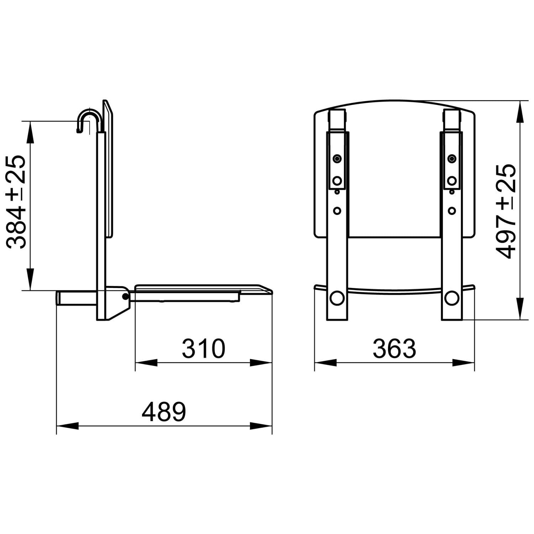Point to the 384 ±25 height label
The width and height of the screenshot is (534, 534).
[16, 201]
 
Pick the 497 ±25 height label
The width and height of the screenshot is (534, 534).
[506, 211]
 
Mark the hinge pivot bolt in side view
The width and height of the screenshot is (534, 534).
[125, 296]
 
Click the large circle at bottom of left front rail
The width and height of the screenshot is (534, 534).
[337, 297]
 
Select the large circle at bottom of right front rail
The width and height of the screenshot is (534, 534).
[452, 297]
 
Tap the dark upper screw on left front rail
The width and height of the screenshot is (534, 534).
[337, 158]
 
